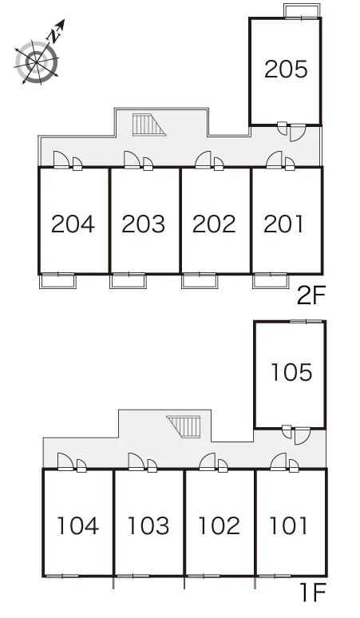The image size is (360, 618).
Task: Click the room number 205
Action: tap(286, 69)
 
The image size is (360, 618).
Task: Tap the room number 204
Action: tap(73, 224)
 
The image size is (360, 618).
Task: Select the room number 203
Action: tap(144, 224)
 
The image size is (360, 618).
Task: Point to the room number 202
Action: tap(214, 224)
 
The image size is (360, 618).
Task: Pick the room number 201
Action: tap(283, 224)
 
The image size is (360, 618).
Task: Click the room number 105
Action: tap(291, 372)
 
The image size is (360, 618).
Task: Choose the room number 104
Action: tap(77, 525)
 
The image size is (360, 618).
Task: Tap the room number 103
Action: tap(148, 525)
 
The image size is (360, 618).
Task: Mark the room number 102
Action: tap(219, 525)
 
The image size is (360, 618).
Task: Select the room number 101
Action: tap(288, 525)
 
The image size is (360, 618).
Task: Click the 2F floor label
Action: tap(311, 296)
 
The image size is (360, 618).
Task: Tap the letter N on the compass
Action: tap(53, 36)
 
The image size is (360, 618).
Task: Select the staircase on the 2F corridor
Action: tap(148, 125)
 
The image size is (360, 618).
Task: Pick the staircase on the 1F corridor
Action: tap(184, 426)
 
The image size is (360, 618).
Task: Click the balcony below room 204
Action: tap(58, 280)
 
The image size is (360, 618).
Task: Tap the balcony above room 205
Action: tap(303, 11)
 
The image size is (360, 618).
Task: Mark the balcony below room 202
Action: tap(200, 280)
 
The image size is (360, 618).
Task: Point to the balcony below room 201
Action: tap(270, 280)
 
